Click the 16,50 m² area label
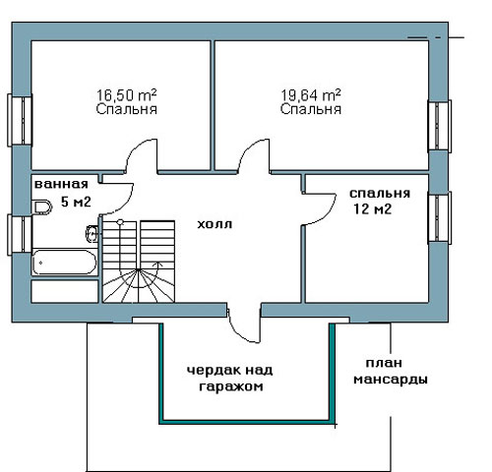click(126, 95)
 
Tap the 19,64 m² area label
click(311, 95)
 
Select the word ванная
click(61, 184)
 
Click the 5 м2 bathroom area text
click(76, 202)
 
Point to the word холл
click(215, 224)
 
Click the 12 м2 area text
click(373, 208)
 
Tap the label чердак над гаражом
click(230, 379)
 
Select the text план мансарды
click(391, 372)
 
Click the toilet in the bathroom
click(43, 207)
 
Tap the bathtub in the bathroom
click(64, 262)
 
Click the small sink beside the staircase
click(92, 234)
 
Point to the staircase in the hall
click(139, 262)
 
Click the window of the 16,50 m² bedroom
click(20, 120)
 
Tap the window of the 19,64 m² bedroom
click(440, 126)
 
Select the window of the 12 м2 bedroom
click(440, 218)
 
